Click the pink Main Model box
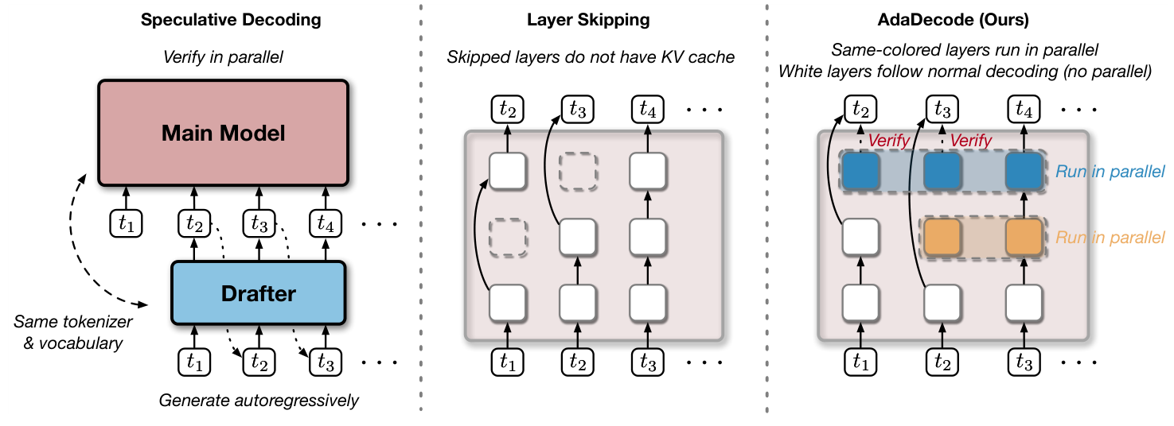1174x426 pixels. pos(223,132)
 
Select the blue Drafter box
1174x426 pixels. pos(259,293)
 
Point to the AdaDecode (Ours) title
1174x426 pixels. pos(965,21)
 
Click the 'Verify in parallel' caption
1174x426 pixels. pos(224,57)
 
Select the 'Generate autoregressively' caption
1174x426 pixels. pos(259,400)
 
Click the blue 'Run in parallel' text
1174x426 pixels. pos(1110,172)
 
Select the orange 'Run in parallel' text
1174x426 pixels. pos(1110,237)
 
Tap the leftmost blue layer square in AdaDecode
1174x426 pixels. pos(860,172)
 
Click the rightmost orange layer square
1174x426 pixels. pos(1024,237)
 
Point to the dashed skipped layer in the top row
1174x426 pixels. pos(578,172)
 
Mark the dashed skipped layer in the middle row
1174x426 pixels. pos(508,237)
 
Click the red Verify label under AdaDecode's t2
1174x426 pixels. pos(889,140)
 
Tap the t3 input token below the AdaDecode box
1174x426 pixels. pos(1024,362)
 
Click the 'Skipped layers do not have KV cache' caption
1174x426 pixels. pos(591,57)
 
